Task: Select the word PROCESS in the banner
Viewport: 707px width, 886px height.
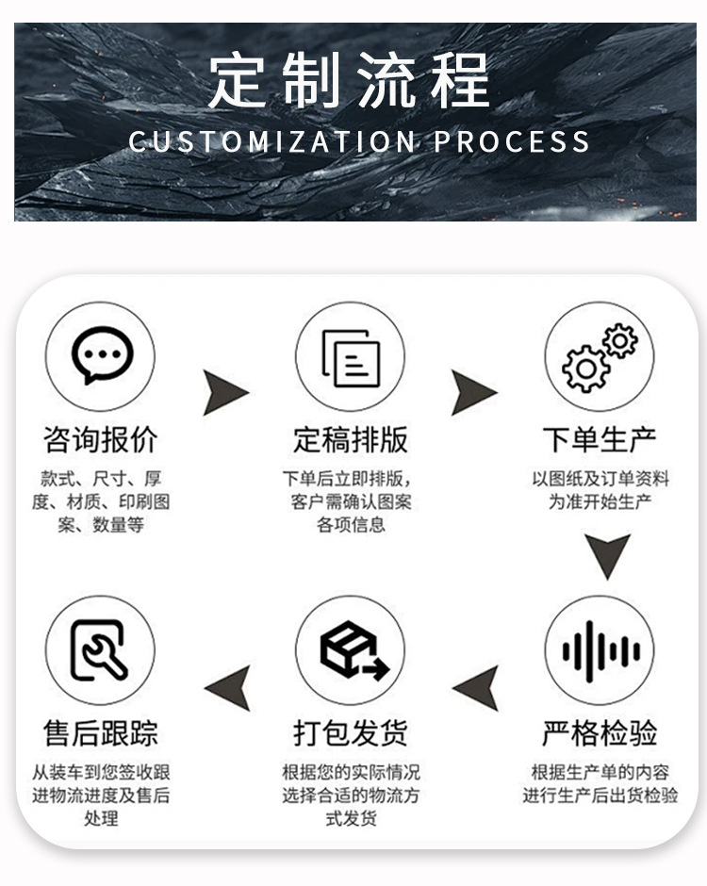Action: pyautogui.click(x=512, y=141)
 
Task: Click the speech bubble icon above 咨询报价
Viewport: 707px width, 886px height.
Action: pyautogui.click(x=101, y=355)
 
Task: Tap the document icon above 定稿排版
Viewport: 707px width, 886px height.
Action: pyautogui.click(x=351, y=356)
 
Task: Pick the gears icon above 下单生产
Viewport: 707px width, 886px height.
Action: pyautogui.click(x=600, y=356)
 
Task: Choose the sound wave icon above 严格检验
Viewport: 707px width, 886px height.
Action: pyautogui.click(x=600, y=650)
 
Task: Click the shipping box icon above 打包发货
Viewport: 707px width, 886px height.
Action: pyautogui.click(x=351, y=650)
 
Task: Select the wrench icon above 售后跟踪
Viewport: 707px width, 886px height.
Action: pyautogui.click(x=101, y=650)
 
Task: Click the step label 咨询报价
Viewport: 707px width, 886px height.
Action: pyautogui.click(x=101, y=439)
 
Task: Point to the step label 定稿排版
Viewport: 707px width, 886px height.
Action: pyautogui.click(x=351, y=439)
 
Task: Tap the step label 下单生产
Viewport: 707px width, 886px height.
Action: pyautogui.click(x=600, y=439)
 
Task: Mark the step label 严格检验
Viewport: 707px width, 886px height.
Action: pyautogui.click(x=600, y=732)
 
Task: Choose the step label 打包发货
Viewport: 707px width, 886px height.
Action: pyautogui.click(x=351, y=732)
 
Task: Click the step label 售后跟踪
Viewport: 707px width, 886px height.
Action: pyautogui.click(x=101, y=732)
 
